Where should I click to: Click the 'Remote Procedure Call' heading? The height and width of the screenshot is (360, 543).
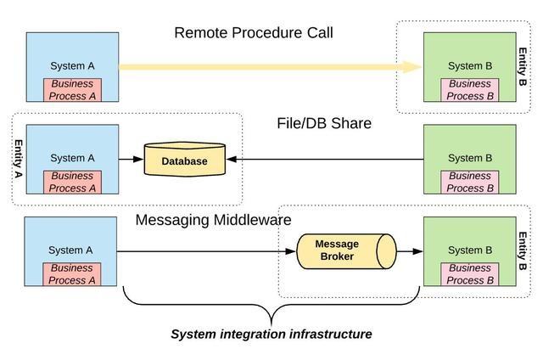[x=254, y=33]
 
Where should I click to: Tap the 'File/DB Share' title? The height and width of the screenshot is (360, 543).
[x=324, y=123]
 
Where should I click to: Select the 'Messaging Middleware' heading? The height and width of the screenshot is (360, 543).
[x=213, y=221]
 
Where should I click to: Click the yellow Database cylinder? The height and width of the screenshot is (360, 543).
[x=185, y=160]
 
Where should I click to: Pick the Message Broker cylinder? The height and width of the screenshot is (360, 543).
[x=346, y=251]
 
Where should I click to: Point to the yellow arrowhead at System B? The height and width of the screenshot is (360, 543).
[x=412, y=67]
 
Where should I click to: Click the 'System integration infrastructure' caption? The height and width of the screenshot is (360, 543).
[x=271, y=335]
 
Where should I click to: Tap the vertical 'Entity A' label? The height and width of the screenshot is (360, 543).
[x=18, y=159]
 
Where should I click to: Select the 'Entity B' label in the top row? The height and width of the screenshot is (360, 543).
[x=523, y=66]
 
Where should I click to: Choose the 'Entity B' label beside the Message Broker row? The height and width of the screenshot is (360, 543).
[x=523, y=250]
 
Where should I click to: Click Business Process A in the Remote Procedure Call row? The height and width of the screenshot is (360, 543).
[x=72, y=90]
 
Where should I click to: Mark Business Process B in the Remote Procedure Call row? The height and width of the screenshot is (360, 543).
[x=469, y=90]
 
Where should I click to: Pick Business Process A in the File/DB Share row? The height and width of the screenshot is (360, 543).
[x=72, y=182]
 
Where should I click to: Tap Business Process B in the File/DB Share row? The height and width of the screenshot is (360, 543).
[x=469, y=182]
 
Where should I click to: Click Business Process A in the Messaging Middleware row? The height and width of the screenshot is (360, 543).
[x=71, y=274]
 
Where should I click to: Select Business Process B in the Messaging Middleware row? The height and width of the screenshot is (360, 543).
[x=469, y=274]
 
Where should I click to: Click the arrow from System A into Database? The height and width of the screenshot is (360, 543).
[x=132, y=160]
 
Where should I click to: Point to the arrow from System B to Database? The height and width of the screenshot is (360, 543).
[x=325, y=160]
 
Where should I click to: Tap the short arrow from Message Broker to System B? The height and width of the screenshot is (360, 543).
[x=410, y=251]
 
